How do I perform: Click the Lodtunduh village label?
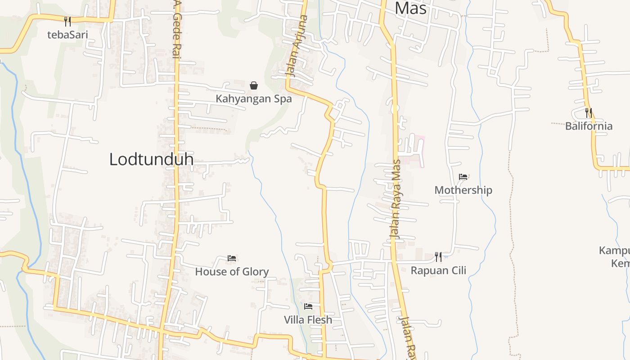tap(151, 159)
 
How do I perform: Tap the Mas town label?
tap(410, 8)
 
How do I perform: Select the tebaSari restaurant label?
tap(67, 35)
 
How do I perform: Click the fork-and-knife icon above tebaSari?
tap(67, 21)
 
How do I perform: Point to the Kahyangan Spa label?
tap(254, 99)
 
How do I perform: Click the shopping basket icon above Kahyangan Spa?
tap(254, 85)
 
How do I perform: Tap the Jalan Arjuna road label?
tap(298, 46)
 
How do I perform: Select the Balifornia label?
tap(589, 126)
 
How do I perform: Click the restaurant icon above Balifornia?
tap(588, 112)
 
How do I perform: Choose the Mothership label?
tap(463, 190)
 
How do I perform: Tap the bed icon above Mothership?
tap(463, 176)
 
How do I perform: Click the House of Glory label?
tap(232, 271)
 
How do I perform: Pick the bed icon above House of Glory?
tap(232, 258)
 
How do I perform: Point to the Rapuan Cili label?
tap(438, 270)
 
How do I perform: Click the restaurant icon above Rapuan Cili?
tap(438, 257)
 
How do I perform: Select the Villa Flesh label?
tap(308, 320)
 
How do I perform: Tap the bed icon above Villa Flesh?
tap(308, 306)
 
